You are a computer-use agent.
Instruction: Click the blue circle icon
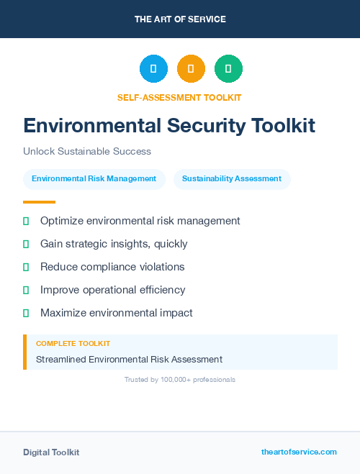coord(153,69)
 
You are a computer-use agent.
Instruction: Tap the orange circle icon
coord(191,69)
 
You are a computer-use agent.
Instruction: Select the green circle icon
coord(228,69)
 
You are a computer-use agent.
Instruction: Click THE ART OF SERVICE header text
coord(180,19)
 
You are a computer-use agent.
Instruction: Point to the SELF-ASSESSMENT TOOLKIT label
coord(179,97)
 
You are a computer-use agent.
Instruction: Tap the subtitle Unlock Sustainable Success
coord(87,152)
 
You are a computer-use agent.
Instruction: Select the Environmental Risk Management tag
coord(94,179)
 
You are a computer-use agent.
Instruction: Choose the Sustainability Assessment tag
coord(232,179)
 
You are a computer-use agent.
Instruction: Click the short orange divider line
coord(39,202)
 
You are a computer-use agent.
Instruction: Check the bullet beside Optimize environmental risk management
coord(26,221)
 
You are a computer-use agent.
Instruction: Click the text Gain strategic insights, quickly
coord(114,244)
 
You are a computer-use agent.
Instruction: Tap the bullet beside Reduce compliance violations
coord(26,267)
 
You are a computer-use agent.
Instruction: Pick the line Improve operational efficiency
coord(112,290)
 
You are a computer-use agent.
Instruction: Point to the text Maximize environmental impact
coord(116,313)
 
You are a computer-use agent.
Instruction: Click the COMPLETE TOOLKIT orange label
coord(73,344)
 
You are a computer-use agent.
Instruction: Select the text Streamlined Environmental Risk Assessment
coord(129,359)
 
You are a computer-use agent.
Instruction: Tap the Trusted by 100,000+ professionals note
coord(180,379)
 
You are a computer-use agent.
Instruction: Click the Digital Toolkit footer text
coord(51,452)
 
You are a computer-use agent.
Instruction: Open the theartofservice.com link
coord(299,452)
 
